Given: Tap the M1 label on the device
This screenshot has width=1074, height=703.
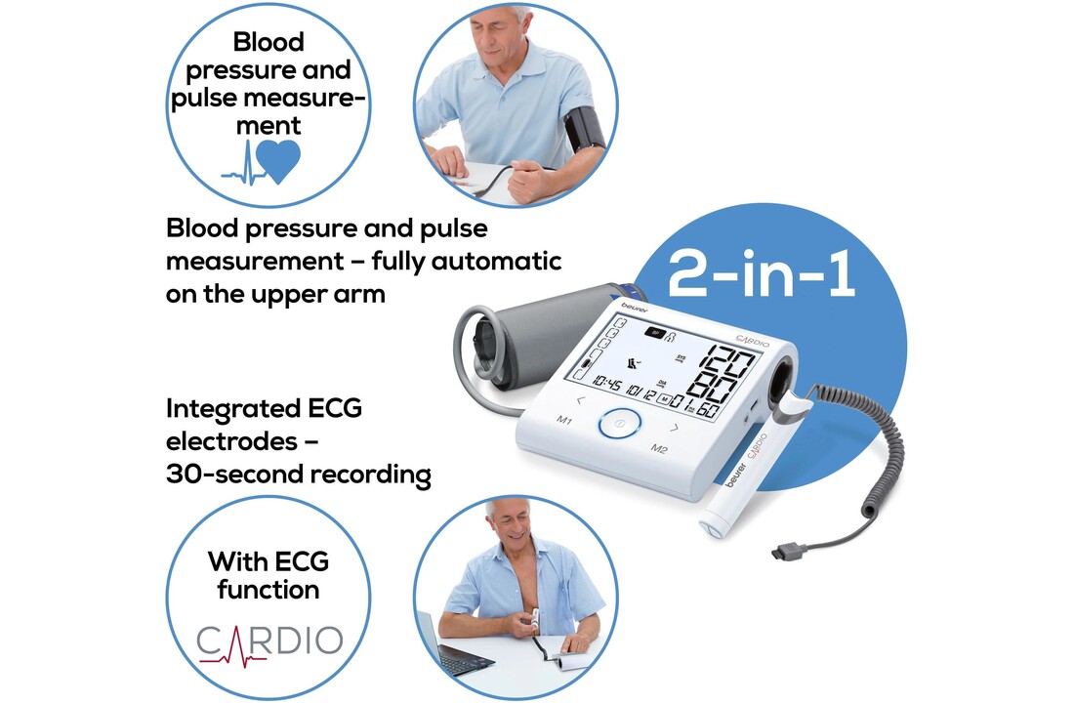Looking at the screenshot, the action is coord(564,419).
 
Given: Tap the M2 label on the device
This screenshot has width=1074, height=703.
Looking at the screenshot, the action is coord(659,449).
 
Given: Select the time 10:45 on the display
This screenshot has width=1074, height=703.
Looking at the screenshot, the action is coord(607,383).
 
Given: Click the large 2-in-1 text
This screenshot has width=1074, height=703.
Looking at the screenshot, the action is coord(762,273).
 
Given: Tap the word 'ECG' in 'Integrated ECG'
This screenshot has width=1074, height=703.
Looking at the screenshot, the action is coord(335,408).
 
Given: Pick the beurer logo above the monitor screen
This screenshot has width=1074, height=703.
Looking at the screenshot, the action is coord(635,307).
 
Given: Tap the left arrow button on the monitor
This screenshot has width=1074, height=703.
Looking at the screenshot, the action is coord(581,400).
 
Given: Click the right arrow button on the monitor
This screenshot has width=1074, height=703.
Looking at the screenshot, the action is coord(675,429).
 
